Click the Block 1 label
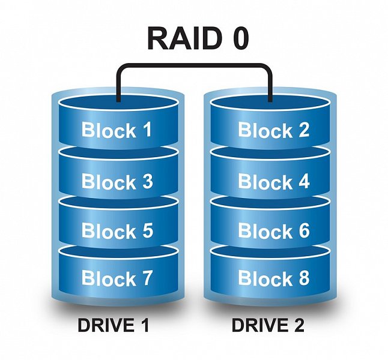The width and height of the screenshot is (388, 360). [117, 130]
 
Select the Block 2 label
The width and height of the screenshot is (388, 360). [274, 130]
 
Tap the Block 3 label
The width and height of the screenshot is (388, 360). [117, 181]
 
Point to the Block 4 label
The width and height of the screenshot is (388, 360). [274, 181]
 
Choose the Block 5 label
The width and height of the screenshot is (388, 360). [117, 231]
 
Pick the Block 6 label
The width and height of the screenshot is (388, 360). [274, 231]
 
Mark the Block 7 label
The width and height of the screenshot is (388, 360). [117, 278]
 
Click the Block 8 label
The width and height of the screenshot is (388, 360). [274, 278]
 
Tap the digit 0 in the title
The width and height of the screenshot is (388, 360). [237, 39]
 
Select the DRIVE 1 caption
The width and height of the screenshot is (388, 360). [113, 326]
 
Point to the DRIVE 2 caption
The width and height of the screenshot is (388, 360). [268, 326]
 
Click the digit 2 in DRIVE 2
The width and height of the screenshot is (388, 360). [299, 326]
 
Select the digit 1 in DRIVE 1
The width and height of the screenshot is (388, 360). [144, 326]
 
